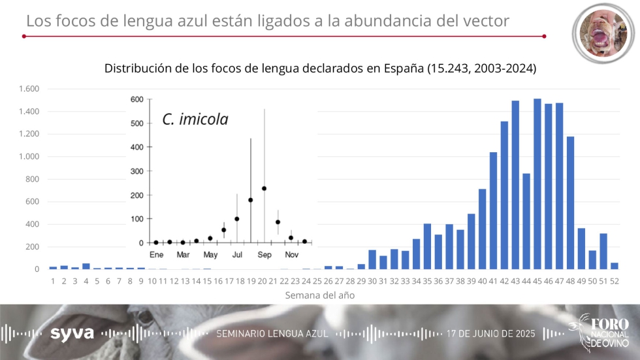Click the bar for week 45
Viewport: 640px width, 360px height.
tap(537, 184)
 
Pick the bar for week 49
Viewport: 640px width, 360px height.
tap(581, 248)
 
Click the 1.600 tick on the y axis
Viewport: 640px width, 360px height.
tap(29, 89)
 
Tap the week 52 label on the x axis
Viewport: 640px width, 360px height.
tap(615, 280)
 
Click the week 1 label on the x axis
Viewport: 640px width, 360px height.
tap(53, 280)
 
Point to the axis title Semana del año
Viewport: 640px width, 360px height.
tap(320, 295)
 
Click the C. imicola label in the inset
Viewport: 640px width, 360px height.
tap(195, 120)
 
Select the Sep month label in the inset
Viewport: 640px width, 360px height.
tap(264, 254)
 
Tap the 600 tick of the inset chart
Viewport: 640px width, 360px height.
tap(136, 99)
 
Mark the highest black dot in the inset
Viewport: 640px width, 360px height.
tap(264, 188)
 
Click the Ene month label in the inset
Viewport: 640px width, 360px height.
tap(156, 254)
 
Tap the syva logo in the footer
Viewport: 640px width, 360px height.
tap(72, 333)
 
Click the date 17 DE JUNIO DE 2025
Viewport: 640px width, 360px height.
tap(490, 334)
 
